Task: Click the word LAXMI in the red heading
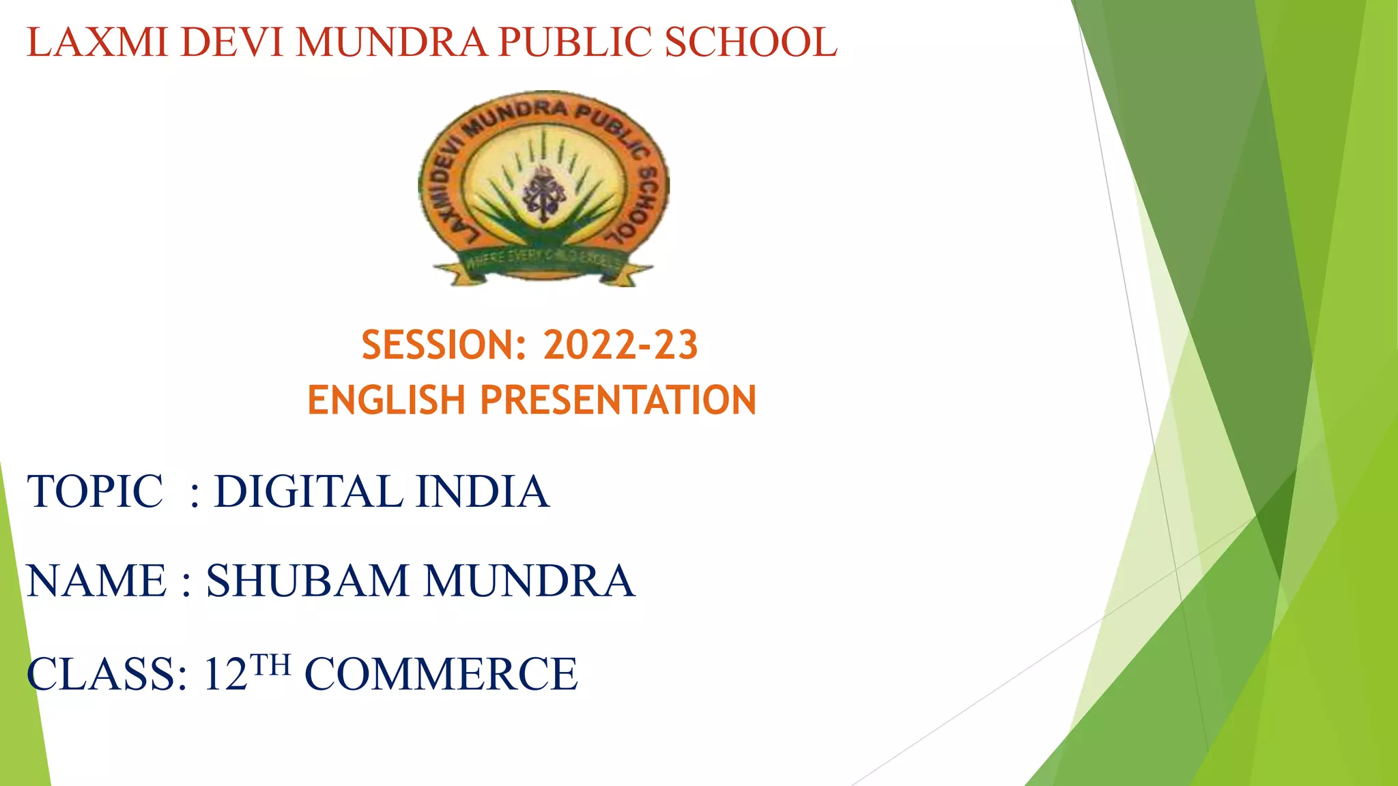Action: (x=98, y=42)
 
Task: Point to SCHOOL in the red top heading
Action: (x=751, y=42)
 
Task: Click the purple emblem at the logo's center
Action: (x=543, y=193)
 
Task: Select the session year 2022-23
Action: (x=620, y=345)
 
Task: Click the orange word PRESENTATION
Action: (x=618, y=401)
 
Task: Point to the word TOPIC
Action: (x=96, y=491)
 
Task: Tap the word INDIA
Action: (x=483, y=491)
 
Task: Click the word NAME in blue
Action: (x=97, y=581)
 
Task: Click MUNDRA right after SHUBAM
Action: (x=530, y=581)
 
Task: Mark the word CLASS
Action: (x=106, y=674)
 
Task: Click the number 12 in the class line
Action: (x=225, y=674)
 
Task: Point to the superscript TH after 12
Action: (x=270, y=664)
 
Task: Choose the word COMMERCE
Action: (x=441, y=674)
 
